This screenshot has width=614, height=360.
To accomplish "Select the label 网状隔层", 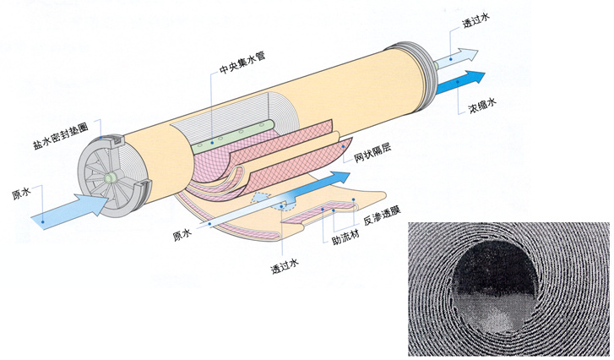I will click(x=372, y=155).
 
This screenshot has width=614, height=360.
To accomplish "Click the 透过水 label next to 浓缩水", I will click(x=477, y=24).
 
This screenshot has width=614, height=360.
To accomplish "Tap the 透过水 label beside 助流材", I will click(x=285, y=270).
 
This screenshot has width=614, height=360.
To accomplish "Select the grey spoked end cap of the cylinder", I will click(x=107, y=180).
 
